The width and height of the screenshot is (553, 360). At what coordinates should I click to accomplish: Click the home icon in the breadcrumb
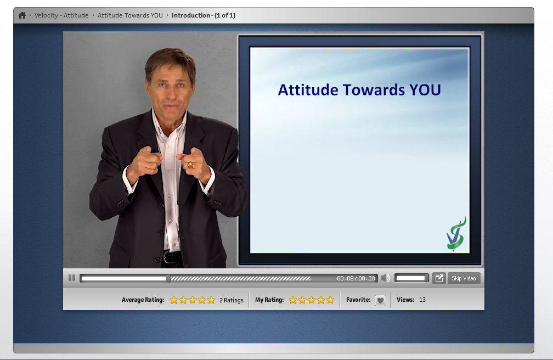(x=22, y=15)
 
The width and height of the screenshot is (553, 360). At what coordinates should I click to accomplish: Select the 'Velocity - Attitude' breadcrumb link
(x=61, y=15)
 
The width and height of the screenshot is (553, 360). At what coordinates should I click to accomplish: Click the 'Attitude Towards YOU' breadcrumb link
(x=130, y=15)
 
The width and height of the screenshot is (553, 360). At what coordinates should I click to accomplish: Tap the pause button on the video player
(x=72, y=278)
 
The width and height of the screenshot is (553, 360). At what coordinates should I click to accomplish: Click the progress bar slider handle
(x=168, y=278)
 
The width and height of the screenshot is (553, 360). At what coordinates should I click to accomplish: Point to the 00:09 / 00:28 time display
(x=356, y=278)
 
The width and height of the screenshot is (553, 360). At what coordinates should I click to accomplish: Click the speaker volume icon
(x=386, y=278)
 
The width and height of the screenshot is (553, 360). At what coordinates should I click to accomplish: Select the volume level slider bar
(x=411, y=278)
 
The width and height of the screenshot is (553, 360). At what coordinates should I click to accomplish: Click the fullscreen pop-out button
(x=439, y=278)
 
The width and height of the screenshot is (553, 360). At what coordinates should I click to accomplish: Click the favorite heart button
(x=380, y=300)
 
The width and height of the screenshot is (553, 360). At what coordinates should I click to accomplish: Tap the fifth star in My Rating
(x=330, y=300)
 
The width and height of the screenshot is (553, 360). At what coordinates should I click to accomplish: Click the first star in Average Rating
(x=174, y=300)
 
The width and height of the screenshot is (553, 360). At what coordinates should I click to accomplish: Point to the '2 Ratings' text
(x=232, y=300)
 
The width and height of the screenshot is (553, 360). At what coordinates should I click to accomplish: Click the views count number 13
(x=422, y=300)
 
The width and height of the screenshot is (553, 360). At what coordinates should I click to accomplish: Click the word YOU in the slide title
(x=425, y=90)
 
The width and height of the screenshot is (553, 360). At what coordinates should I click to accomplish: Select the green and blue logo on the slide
(x=456, y=234)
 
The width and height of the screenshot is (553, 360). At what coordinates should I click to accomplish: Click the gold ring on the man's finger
(x=190, y=165)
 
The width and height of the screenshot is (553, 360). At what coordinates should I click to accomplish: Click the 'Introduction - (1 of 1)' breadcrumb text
(x=204, y=15)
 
